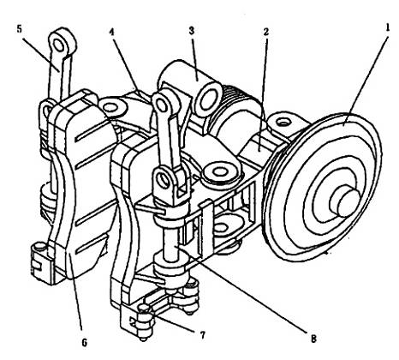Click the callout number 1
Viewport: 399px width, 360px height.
pos(387,27)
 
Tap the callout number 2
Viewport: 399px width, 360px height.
pos(266,32)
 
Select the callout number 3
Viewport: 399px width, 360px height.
pos(192,31)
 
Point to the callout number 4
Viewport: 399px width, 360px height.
pos(112,32)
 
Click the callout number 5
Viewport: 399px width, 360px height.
pos(19,29)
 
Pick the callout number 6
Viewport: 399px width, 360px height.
pos(85,343)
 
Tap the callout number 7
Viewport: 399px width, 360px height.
pos(202,335)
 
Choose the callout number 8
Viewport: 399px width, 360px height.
pos(313,339)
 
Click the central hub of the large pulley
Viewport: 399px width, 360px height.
pos(345,202)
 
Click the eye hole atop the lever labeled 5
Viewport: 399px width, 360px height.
pos(59,45)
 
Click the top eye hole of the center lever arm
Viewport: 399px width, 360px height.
pos(162,105)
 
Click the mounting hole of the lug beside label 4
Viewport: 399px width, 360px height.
pos(110,108)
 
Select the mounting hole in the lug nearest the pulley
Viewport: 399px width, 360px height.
pos(283,123)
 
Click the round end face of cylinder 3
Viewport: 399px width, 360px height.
pos(209,99)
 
